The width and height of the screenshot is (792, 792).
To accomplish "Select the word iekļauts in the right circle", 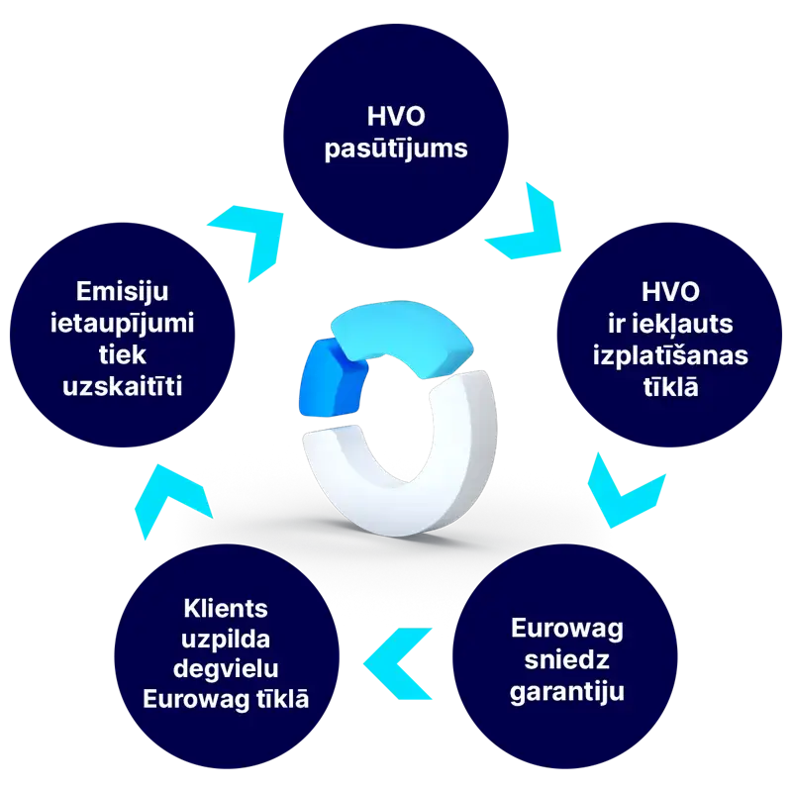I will click(691, 324).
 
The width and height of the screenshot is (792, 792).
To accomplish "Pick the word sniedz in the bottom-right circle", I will click(566, 660).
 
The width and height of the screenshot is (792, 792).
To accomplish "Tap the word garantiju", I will click(566, 691).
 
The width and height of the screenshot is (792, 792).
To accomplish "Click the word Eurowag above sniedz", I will click(566, 629).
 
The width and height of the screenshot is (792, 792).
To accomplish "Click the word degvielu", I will click(226, 668).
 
